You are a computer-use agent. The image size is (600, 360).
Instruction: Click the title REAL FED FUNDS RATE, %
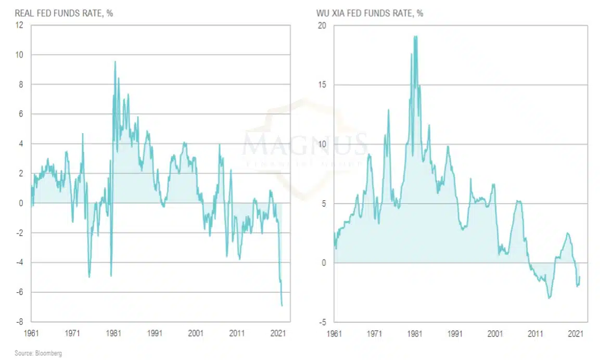[63, 14]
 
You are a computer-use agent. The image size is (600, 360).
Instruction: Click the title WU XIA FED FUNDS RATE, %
[369, 14]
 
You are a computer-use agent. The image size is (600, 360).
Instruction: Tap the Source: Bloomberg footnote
[39, 353]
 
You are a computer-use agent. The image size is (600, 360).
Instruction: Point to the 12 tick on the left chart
[19, 25]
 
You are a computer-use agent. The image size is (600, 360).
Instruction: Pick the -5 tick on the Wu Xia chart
[322, 322]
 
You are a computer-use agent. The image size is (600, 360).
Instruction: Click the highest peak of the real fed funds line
[115, 62]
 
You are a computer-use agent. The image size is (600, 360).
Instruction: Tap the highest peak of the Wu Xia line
[415, 36]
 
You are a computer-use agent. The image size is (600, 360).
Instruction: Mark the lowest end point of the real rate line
[282, 305]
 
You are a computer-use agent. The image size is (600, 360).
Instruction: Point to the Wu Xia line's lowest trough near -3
[550, 298]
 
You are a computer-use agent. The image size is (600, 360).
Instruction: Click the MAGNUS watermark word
[304, 144]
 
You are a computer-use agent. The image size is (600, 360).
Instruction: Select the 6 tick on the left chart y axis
[21, 114]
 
